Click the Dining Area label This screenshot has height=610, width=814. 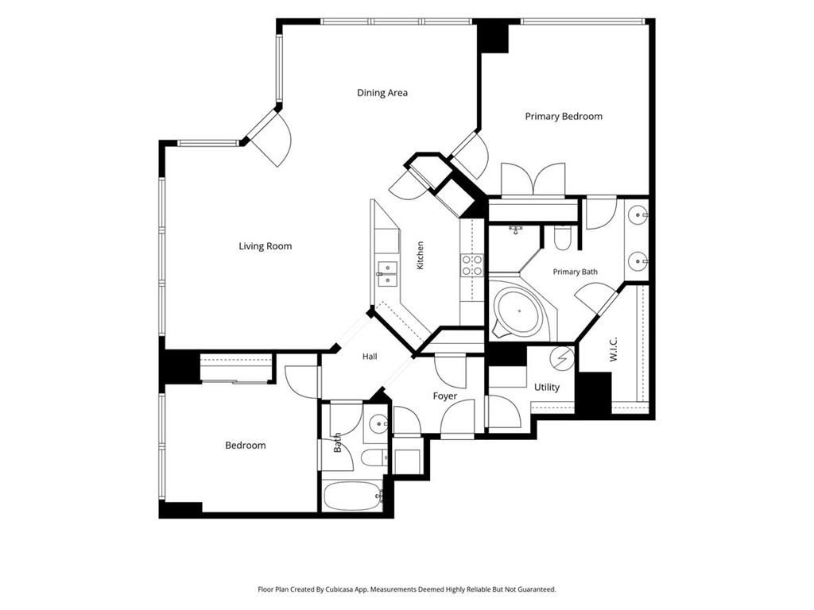click(x=382, y=93)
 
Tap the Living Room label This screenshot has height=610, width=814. click(x=266, y=246)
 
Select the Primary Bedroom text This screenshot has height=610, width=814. click(x=564, y=117)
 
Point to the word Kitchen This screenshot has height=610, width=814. click(x=420, y=255)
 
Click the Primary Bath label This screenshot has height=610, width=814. click(x=576, y=272)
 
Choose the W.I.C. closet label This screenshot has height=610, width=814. click(x=613, y=349)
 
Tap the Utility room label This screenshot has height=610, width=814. click(x=547, y=388)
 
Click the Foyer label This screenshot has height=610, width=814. click(x=445, y=396)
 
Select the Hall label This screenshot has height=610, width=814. click(x=370, y=357)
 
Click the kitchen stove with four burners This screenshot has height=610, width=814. click(x=472, y=264)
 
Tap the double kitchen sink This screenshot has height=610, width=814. click(x=387, y=273)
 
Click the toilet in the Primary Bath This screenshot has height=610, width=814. click(x=562, y=237)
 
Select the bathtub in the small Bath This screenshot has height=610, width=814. click(x=354, y=496)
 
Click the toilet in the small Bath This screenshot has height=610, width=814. click(x=374, y=458)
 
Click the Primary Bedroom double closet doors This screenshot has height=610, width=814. click(x=533, y=180)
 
